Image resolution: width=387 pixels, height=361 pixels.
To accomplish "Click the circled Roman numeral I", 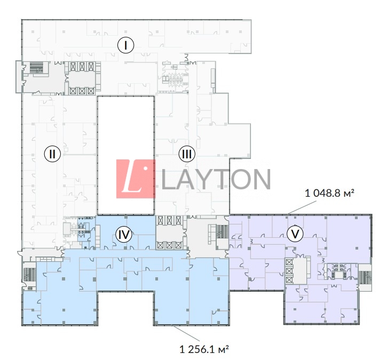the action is (125, 45).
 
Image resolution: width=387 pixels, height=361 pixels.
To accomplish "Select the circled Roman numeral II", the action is (52, 154).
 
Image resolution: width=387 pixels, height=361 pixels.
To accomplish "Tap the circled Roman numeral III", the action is (187, 154).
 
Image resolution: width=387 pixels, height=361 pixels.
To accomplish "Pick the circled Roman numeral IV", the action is (124, 234).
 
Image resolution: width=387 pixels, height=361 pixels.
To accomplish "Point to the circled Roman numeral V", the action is (295, 233).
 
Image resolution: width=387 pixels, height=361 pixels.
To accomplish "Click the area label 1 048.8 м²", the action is (330, 193).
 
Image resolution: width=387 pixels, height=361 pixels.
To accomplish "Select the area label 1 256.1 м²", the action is (204, 349).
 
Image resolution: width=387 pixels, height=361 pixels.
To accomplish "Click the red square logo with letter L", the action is (136, 179).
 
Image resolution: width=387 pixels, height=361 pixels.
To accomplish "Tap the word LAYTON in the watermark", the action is (216, 179).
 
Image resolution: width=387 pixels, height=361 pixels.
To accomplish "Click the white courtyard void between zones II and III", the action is (126, 155).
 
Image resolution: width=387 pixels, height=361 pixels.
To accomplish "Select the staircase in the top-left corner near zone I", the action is (36, 67).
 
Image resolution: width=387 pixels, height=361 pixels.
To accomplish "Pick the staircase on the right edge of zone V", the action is (365, 277).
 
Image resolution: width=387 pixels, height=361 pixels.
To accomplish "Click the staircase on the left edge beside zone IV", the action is (30, 275).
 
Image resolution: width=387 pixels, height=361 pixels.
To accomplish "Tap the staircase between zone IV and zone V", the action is (223, 231).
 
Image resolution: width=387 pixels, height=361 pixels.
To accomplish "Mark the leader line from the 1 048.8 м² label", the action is (302, 207).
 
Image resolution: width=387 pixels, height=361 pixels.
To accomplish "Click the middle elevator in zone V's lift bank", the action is (289, 271).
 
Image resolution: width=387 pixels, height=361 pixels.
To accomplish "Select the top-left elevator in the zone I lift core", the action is (73, 66).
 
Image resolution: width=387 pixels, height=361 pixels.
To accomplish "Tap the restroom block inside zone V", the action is (338, 271).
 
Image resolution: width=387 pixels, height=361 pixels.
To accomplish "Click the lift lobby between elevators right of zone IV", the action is (169, 233).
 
